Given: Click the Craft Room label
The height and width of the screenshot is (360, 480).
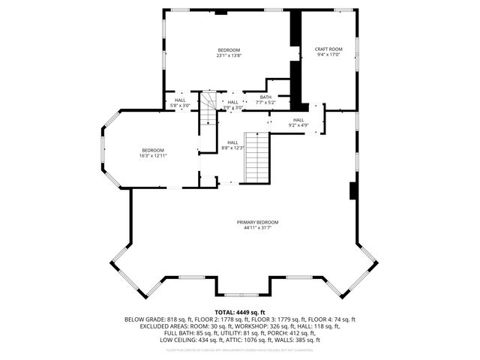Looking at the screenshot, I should (x=328, y=49).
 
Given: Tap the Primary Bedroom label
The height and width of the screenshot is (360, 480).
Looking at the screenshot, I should (x=257, y=222).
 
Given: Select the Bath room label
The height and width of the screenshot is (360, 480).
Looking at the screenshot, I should (x=265, y=97).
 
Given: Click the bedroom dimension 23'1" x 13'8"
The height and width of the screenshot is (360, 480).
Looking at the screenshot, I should (x=229, y=55).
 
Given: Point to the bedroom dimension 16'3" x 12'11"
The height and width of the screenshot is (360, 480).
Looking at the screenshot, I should (x=153, y=156).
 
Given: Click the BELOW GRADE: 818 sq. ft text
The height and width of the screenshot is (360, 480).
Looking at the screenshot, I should (x=154, y=319).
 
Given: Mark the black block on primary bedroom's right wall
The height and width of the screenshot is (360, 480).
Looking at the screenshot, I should (x=352, y=191).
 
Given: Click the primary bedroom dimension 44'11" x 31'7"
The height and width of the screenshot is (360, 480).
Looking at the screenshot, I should (x=257, y=228).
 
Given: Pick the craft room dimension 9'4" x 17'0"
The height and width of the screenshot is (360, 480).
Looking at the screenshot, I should (x=328, y=55).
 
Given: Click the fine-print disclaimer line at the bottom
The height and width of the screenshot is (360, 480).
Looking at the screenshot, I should (x=239, y=349).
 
